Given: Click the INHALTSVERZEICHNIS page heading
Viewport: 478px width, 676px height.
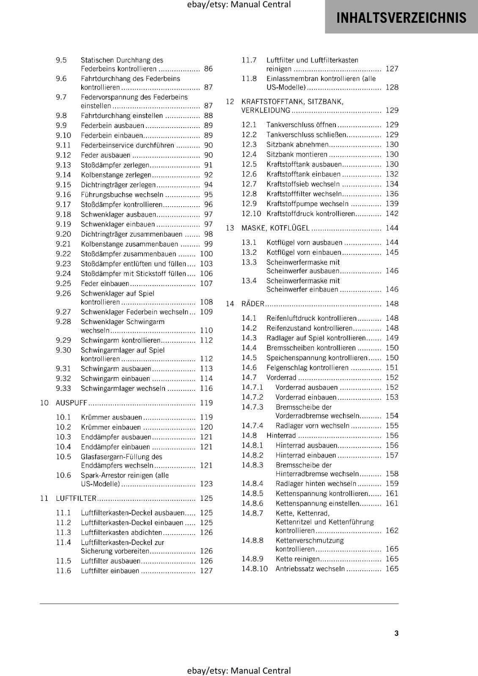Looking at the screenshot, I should pos(401,17).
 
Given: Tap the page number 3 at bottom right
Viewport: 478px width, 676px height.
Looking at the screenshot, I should pos(396,633).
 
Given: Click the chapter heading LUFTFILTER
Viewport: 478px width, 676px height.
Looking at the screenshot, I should pos(76,498).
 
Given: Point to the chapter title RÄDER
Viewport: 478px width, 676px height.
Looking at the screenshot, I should pos(253,303).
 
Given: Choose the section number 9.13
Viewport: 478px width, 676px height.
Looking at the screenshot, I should pos(63,165).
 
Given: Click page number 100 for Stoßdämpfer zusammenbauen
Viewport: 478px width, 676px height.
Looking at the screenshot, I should pos(206,253).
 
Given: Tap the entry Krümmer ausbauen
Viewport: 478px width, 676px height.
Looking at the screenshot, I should pos(111,417).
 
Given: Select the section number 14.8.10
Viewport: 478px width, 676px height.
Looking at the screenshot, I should pos(255,568).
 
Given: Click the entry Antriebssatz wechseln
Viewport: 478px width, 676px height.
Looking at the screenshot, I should pos(310,568).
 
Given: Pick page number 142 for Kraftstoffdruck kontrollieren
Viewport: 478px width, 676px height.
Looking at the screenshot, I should pos(392,213).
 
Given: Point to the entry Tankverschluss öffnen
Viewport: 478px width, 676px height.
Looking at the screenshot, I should pos(301,125).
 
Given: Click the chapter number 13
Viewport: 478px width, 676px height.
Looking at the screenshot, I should pos(230,228).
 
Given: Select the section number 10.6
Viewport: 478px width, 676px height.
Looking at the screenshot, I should pos(63,475).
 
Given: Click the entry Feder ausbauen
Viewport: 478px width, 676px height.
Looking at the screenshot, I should pos(105,155).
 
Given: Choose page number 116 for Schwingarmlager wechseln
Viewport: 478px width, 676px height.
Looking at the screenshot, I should pos(206,388).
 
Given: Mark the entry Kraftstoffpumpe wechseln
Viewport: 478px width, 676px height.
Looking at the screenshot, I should pos(308,204).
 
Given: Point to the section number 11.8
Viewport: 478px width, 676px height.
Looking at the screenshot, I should pos(249,79).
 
